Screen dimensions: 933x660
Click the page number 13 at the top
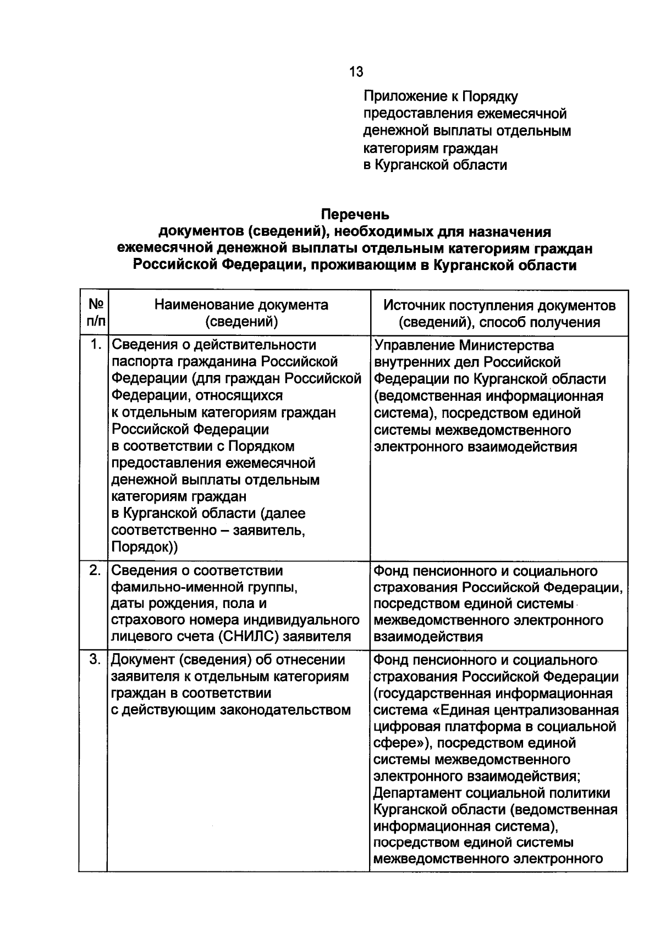click(x=356, y=72)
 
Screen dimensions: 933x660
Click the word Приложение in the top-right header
click(x=402, y=97)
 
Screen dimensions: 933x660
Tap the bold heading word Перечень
click(x=355, y=214)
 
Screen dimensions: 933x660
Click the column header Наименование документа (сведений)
click(x=241, y=313)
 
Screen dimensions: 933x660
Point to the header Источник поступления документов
click(x=499, y=306)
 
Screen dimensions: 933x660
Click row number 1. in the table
click(x=96, y=344)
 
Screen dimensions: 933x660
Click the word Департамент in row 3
click(x=417, y=793)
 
